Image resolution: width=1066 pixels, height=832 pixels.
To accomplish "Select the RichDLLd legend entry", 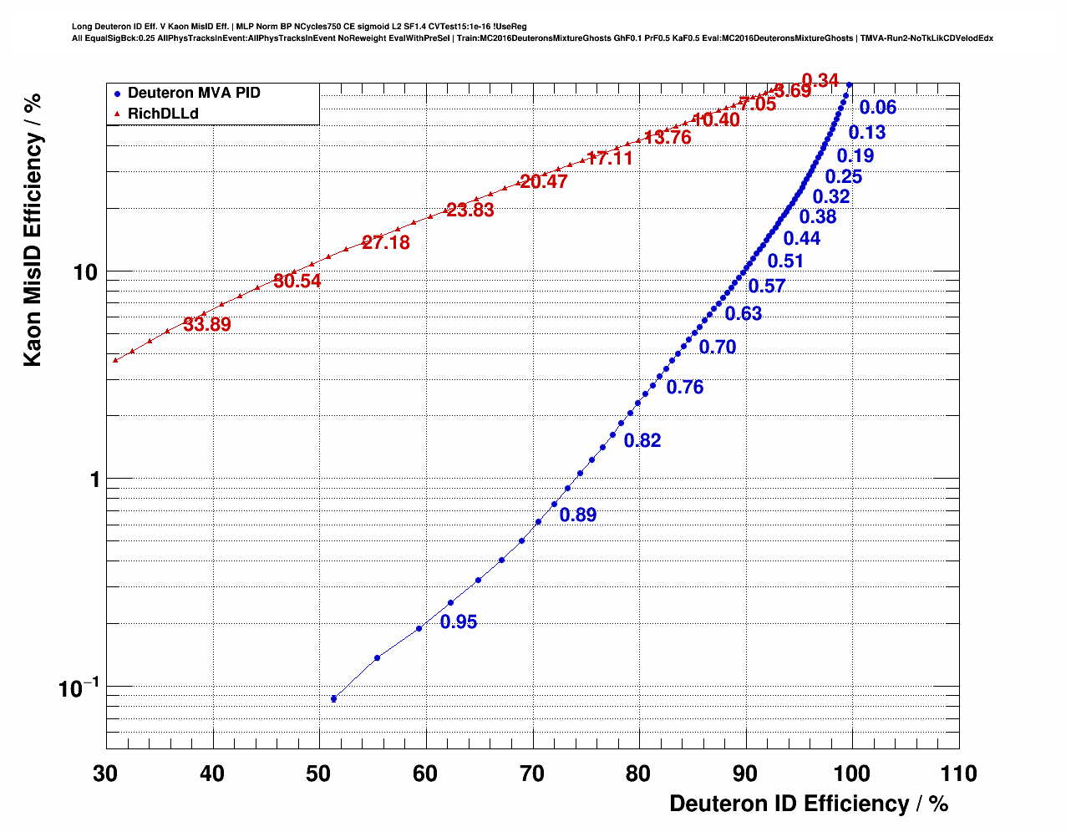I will [x=163, y=114].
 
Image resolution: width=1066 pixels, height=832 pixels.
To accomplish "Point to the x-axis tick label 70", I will [x=532, y=774].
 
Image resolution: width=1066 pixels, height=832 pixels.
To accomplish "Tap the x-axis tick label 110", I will [x=957, y=774].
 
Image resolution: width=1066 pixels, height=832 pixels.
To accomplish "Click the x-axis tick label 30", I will [x=105, y=774].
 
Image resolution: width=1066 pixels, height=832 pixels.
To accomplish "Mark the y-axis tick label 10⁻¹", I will [x=79, y=687].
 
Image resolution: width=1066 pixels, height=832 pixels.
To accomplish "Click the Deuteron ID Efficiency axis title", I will [x=809, y=804].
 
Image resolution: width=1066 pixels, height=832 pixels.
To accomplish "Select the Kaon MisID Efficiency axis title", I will [x=33, y=230].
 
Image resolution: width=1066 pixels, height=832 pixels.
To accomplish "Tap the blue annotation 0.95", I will [x=459, y=622].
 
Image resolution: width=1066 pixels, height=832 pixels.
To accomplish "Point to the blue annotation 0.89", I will [x=578, y=515].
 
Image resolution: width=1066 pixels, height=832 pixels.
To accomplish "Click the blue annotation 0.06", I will [x=878, y=107].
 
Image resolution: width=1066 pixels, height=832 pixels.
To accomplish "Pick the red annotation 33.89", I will [x=207, y=325].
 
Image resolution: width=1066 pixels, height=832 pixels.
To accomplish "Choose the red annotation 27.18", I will [x=386, y=243].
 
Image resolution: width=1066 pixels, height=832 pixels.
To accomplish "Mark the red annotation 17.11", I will [x=610, y=159].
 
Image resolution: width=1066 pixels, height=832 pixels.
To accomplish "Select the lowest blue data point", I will [x=333, y=698].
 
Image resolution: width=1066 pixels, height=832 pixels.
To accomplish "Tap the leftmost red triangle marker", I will [x=115, y=359].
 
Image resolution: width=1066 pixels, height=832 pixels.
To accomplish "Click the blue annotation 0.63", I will [x=744, y=314].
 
